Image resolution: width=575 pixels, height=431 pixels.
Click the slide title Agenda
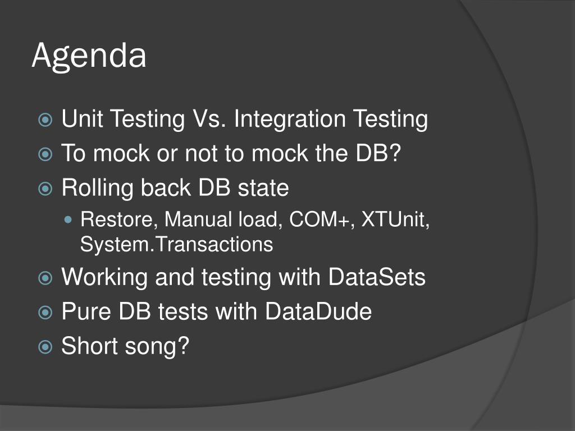click(x=89, y=56)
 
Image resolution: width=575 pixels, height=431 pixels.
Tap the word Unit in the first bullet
click(x=82, y=119)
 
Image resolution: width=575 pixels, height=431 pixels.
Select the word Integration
click(x=290, y=120)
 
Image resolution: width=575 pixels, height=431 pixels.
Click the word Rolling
click(x=97, y=187)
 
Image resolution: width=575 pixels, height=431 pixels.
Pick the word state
click(x=263, y=187)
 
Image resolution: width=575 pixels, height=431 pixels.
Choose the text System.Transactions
click(x=176, y=244)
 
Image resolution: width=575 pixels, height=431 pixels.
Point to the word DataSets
click(x=377, y=277)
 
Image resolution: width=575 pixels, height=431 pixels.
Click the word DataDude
click(x=318, y=311)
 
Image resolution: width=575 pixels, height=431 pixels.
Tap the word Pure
click(x=86, y=311)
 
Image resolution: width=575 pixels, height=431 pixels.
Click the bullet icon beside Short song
click(x=45, y=347)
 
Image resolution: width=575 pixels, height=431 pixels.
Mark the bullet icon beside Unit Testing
click(x=45, y=120)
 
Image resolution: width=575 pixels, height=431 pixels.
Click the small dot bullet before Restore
click(x=68, y=220)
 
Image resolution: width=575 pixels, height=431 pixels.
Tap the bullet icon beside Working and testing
click(x=45, y=278)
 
